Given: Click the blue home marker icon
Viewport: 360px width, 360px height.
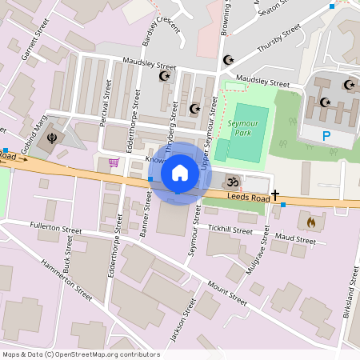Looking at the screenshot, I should pyautogui.click(x=180, y=172).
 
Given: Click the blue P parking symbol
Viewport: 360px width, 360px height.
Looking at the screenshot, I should pyautogui.click(x=326, y=136).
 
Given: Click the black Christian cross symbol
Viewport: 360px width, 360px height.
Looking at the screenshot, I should pyautogui.click(x=275, y=194).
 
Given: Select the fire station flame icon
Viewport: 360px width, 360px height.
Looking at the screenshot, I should pyautogui.click(x=311, y=222).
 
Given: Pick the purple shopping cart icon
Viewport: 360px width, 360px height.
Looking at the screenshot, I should pyautogui.click(x=114, y=162).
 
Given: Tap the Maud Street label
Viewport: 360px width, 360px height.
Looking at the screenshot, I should pyautogui.click(x=295, y=238).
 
